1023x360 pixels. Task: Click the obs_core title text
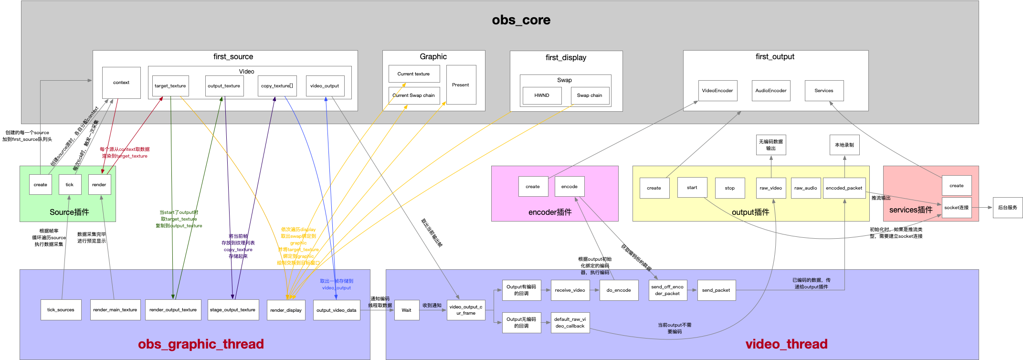[x=521, y=20]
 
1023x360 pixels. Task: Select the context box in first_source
[x=121, y=83]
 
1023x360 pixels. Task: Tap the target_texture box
[x=170, y=86]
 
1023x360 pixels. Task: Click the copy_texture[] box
[x=277, y=86]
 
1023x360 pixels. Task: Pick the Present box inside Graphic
[x=461, y=85]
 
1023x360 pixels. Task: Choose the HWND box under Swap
[x=542, y=95]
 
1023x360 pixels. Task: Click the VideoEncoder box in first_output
[x=717, y=91]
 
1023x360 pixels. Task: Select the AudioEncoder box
[x=770, y=91]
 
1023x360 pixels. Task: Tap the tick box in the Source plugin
[x=70, y=185]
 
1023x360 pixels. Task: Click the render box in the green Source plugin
[x=99, y=185]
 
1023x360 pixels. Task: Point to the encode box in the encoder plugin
[x=569, y=187]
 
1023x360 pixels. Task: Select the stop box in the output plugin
[x=729, y=188]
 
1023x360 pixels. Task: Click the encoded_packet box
[x=844, y=188]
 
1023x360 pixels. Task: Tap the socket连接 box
[x=956, y=208]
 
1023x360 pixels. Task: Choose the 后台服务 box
[x=1007, y=208]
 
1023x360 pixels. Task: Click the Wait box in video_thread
[x=406, y=310]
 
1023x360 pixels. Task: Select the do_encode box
[x=619, y=290]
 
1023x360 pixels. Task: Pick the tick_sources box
[x=61, y=310]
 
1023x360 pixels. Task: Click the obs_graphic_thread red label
[x=200, y=344]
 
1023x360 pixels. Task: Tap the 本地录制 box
[x=844, y=145]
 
